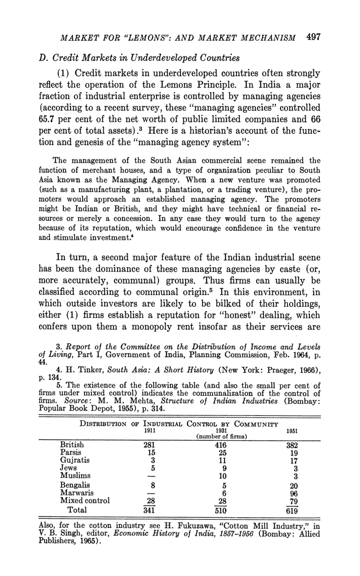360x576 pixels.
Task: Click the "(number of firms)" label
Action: coord(221,437)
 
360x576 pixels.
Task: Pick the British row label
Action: coord(72,445)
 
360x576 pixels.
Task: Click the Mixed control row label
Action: coord(85,500)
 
